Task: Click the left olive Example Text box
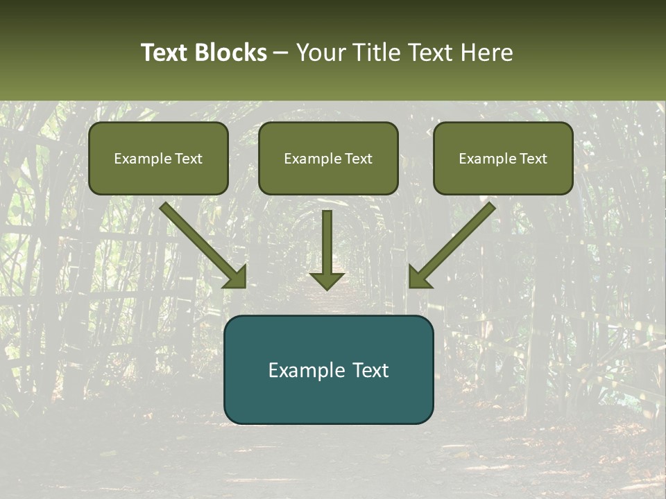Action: (x=158, y=158)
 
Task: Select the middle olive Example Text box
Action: (x=328, y=158)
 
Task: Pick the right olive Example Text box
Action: (x=503, y=158)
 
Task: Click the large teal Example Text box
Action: (x=328, y=369)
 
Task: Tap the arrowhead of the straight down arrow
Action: (x=327, y=280)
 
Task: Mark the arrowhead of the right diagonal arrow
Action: (x=418, y=277)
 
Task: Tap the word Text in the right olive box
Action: (x=533, y=159)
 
